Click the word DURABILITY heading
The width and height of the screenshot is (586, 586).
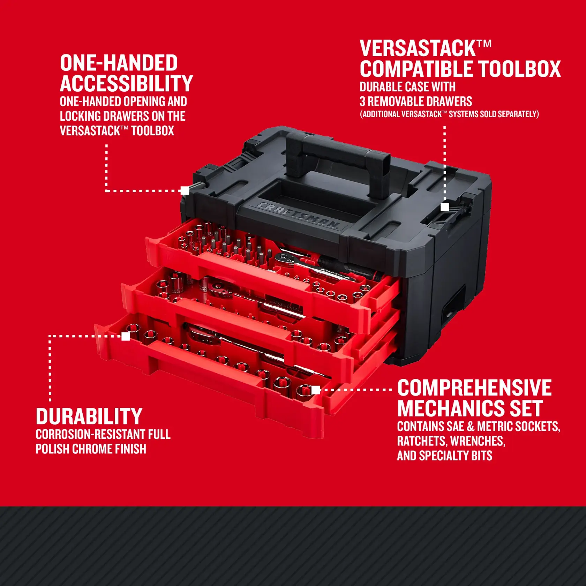[89, 416]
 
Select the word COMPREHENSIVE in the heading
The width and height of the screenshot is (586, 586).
[474, 388]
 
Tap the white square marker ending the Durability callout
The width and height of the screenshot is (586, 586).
[126, 336]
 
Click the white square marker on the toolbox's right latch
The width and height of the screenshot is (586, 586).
[445, 207]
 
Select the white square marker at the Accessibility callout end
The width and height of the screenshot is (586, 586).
[185, 190]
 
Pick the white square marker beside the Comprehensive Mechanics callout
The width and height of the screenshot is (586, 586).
[316, 390]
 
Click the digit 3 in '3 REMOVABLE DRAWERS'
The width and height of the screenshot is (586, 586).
[362, 102]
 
